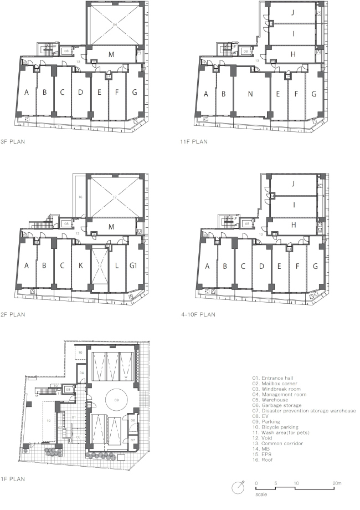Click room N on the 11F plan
250,94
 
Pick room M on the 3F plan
111,54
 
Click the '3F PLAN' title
13,142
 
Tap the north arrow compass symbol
238,487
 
